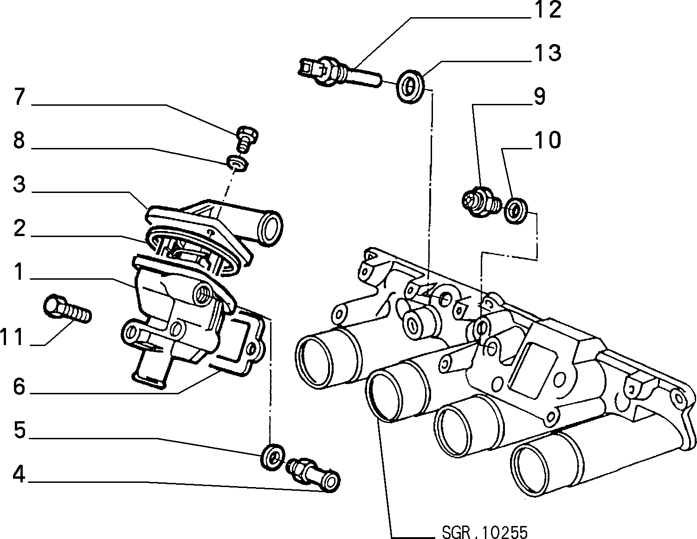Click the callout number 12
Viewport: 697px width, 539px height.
tap(547, 10)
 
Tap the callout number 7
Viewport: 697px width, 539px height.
tap(19, 96)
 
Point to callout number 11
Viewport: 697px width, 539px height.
tap(12, 337)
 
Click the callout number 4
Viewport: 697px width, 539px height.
tap(19, 475)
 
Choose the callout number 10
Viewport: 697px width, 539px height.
tap(547, 140)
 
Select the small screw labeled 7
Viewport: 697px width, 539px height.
tap(247, 140)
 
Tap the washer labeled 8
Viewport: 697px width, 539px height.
tap(238, 163)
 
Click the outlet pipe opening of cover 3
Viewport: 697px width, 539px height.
tap(271, 228)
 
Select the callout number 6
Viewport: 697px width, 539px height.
tap(19, 387)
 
